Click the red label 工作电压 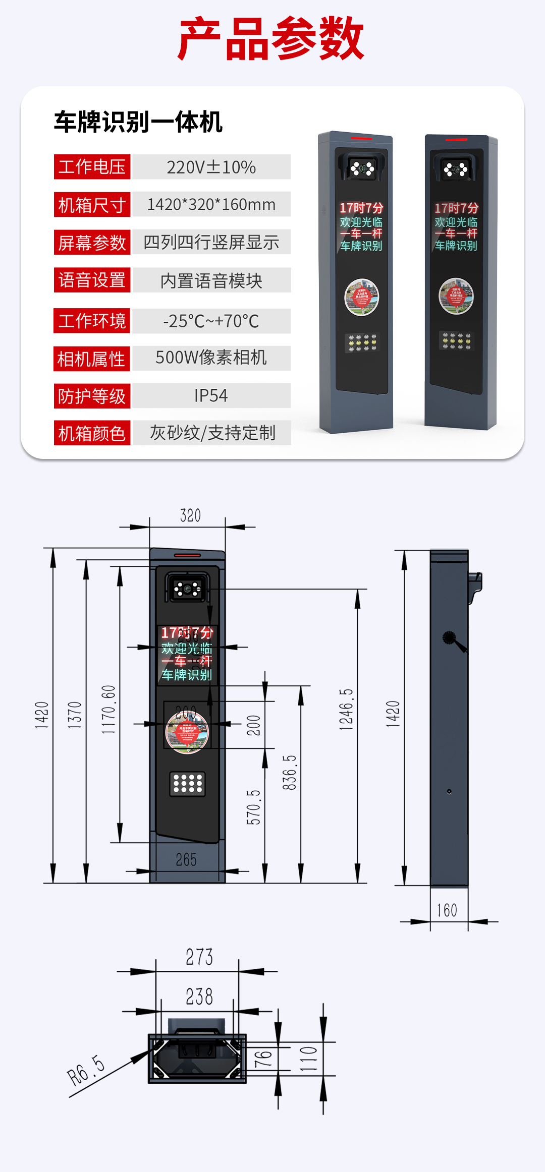click(92, 167)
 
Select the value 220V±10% click(211, 167)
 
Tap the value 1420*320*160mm click(211, 204)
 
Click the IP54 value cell click(211, 395)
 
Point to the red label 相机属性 click(91, 359)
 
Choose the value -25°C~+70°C click(211, 321)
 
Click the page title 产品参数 click(271, 39)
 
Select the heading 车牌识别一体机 click(138, 122)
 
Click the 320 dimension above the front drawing click(190, 515)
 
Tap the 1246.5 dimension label click(346, 709)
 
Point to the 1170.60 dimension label click(108, 709)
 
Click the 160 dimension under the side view click(447, 910)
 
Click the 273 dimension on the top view click(199, 957)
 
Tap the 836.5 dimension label click(289, 772)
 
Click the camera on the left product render click(363, 168)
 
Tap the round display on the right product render click(456, 296)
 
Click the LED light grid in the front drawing click(188, 784)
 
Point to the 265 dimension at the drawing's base click(186, 859)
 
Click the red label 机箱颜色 click(92, 433)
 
